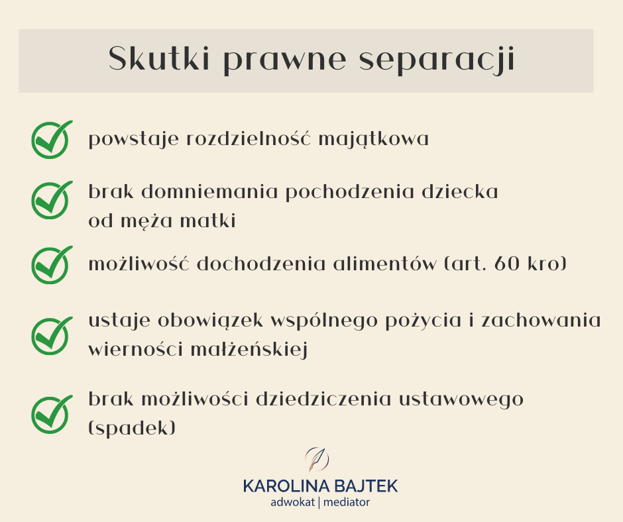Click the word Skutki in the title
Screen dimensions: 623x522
[x=159, y=59]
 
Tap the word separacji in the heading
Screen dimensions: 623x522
[x=437, y=60]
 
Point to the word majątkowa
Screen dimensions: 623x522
[x=374, y=140]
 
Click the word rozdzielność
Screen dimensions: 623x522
[x=248, y=138]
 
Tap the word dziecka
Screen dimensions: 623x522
[x=460, y=191]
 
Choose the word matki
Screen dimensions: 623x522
[x=208, y=221]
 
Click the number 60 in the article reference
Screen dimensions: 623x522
[x=507, y=264]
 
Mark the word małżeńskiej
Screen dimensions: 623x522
[x=249, y=350]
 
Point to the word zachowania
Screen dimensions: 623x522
[x=541, y=321]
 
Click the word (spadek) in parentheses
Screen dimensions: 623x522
[x=132, y=428]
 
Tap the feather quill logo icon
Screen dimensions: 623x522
[x=317, y=459]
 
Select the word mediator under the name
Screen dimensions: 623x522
[x=347, y=503]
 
